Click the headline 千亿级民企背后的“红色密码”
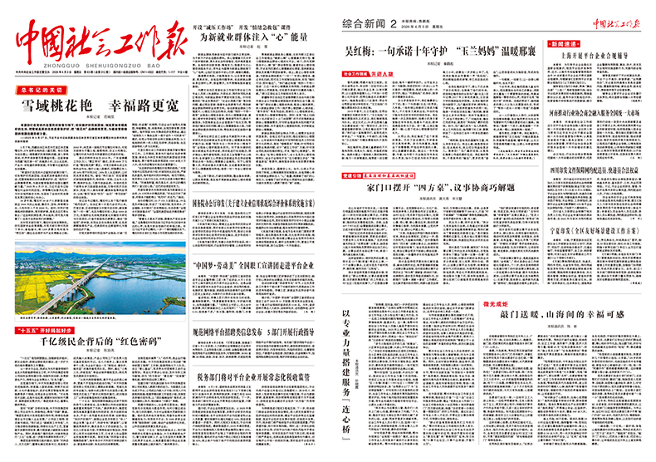tap(99, 342)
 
